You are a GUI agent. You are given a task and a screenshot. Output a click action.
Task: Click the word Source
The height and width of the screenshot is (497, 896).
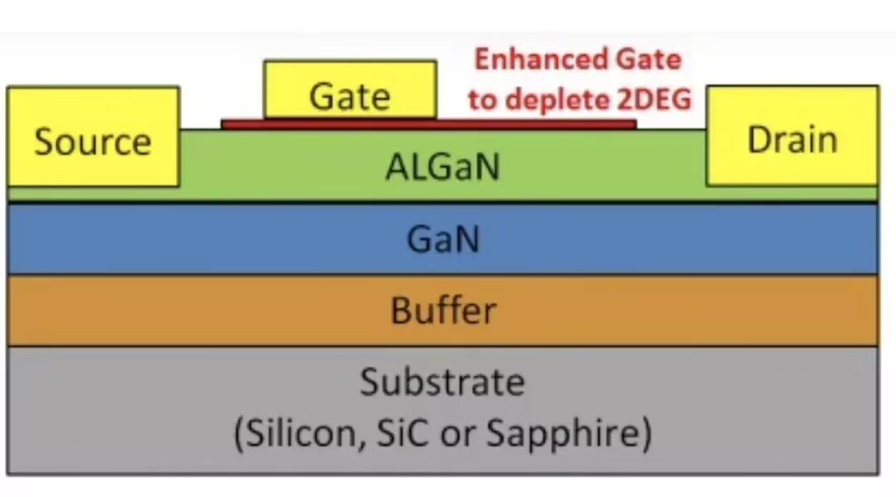92,142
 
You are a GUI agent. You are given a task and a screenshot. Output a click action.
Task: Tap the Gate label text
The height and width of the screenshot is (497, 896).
349,96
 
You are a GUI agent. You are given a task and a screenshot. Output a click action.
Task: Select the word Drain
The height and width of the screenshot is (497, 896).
791,140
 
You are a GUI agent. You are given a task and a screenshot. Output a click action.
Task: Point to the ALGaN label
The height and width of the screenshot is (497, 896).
442,168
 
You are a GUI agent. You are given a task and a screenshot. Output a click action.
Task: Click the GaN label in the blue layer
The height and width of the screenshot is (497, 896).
442,240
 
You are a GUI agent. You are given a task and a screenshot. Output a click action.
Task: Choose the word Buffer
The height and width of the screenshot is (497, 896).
442,311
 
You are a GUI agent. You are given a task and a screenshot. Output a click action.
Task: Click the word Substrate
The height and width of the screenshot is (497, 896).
442,383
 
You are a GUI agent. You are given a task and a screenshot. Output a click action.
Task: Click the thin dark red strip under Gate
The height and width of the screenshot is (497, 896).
532,125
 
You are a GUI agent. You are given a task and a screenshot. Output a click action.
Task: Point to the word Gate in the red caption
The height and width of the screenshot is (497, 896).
646,59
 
